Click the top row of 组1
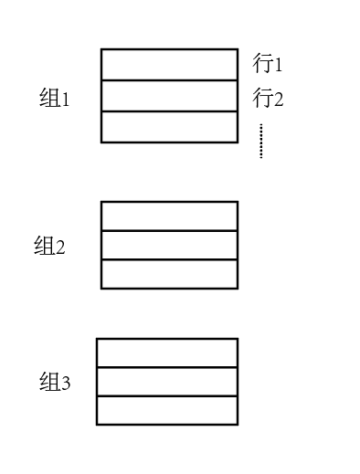pyautogui.click(x=169, y=65)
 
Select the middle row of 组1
pyautogui.click(x=169, y=96)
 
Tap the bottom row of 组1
pyautogui.click(x=169, y=127)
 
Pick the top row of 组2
pyautogui.click(x=169, y=216)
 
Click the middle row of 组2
pyautogui.click(x=169, y=246)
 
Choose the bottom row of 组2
pyautogui.click(x=169, y=274)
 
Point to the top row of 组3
pyautogui.click(x=166, y=353)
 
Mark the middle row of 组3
pyautogui.click(x=166, y=382)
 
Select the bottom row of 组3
pyautogui.click(x=166, y=410)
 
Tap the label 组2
pyautogui.click(x=49, y=247)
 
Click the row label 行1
pyautogui.click(x=269, y=64)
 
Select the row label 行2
pyautogui.click(x=269, y=98)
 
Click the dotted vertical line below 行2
pyautogui.click(x=260, y=141)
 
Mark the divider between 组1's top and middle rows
pyautogui.click(x=169, y=80)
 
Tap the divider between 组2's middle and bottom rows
pyautogui.click(x=169, y=260)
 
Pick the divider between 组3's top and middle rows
pyautogui.click(x=166, y=368)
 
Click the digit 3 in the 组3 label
pyautogui.click(x=66, y=384)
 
